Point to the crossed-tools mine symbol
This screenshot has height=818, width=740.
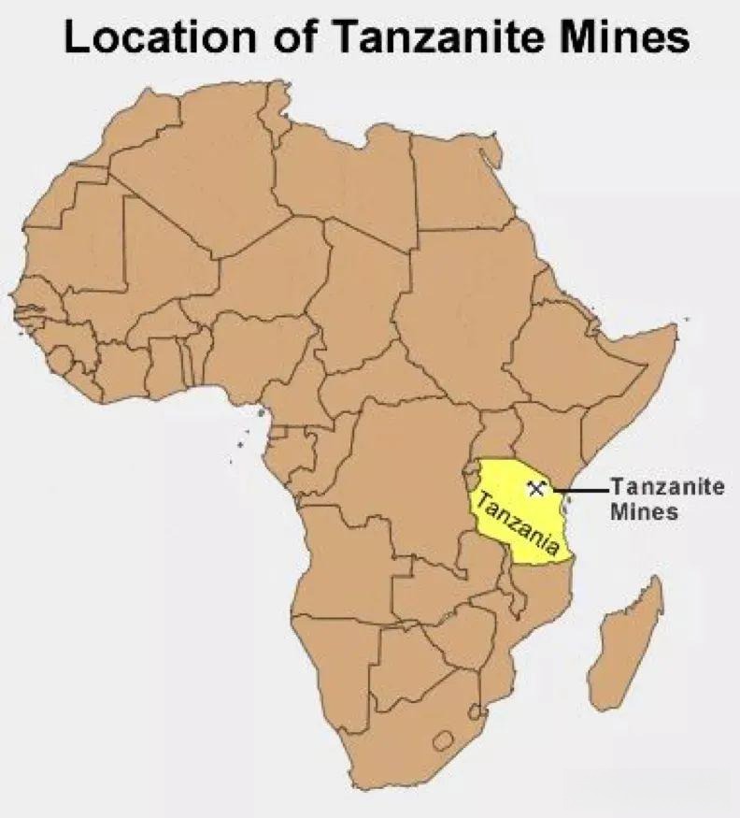point(535,487)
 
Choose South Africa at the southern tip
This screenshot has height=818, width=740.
point(402,739)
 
